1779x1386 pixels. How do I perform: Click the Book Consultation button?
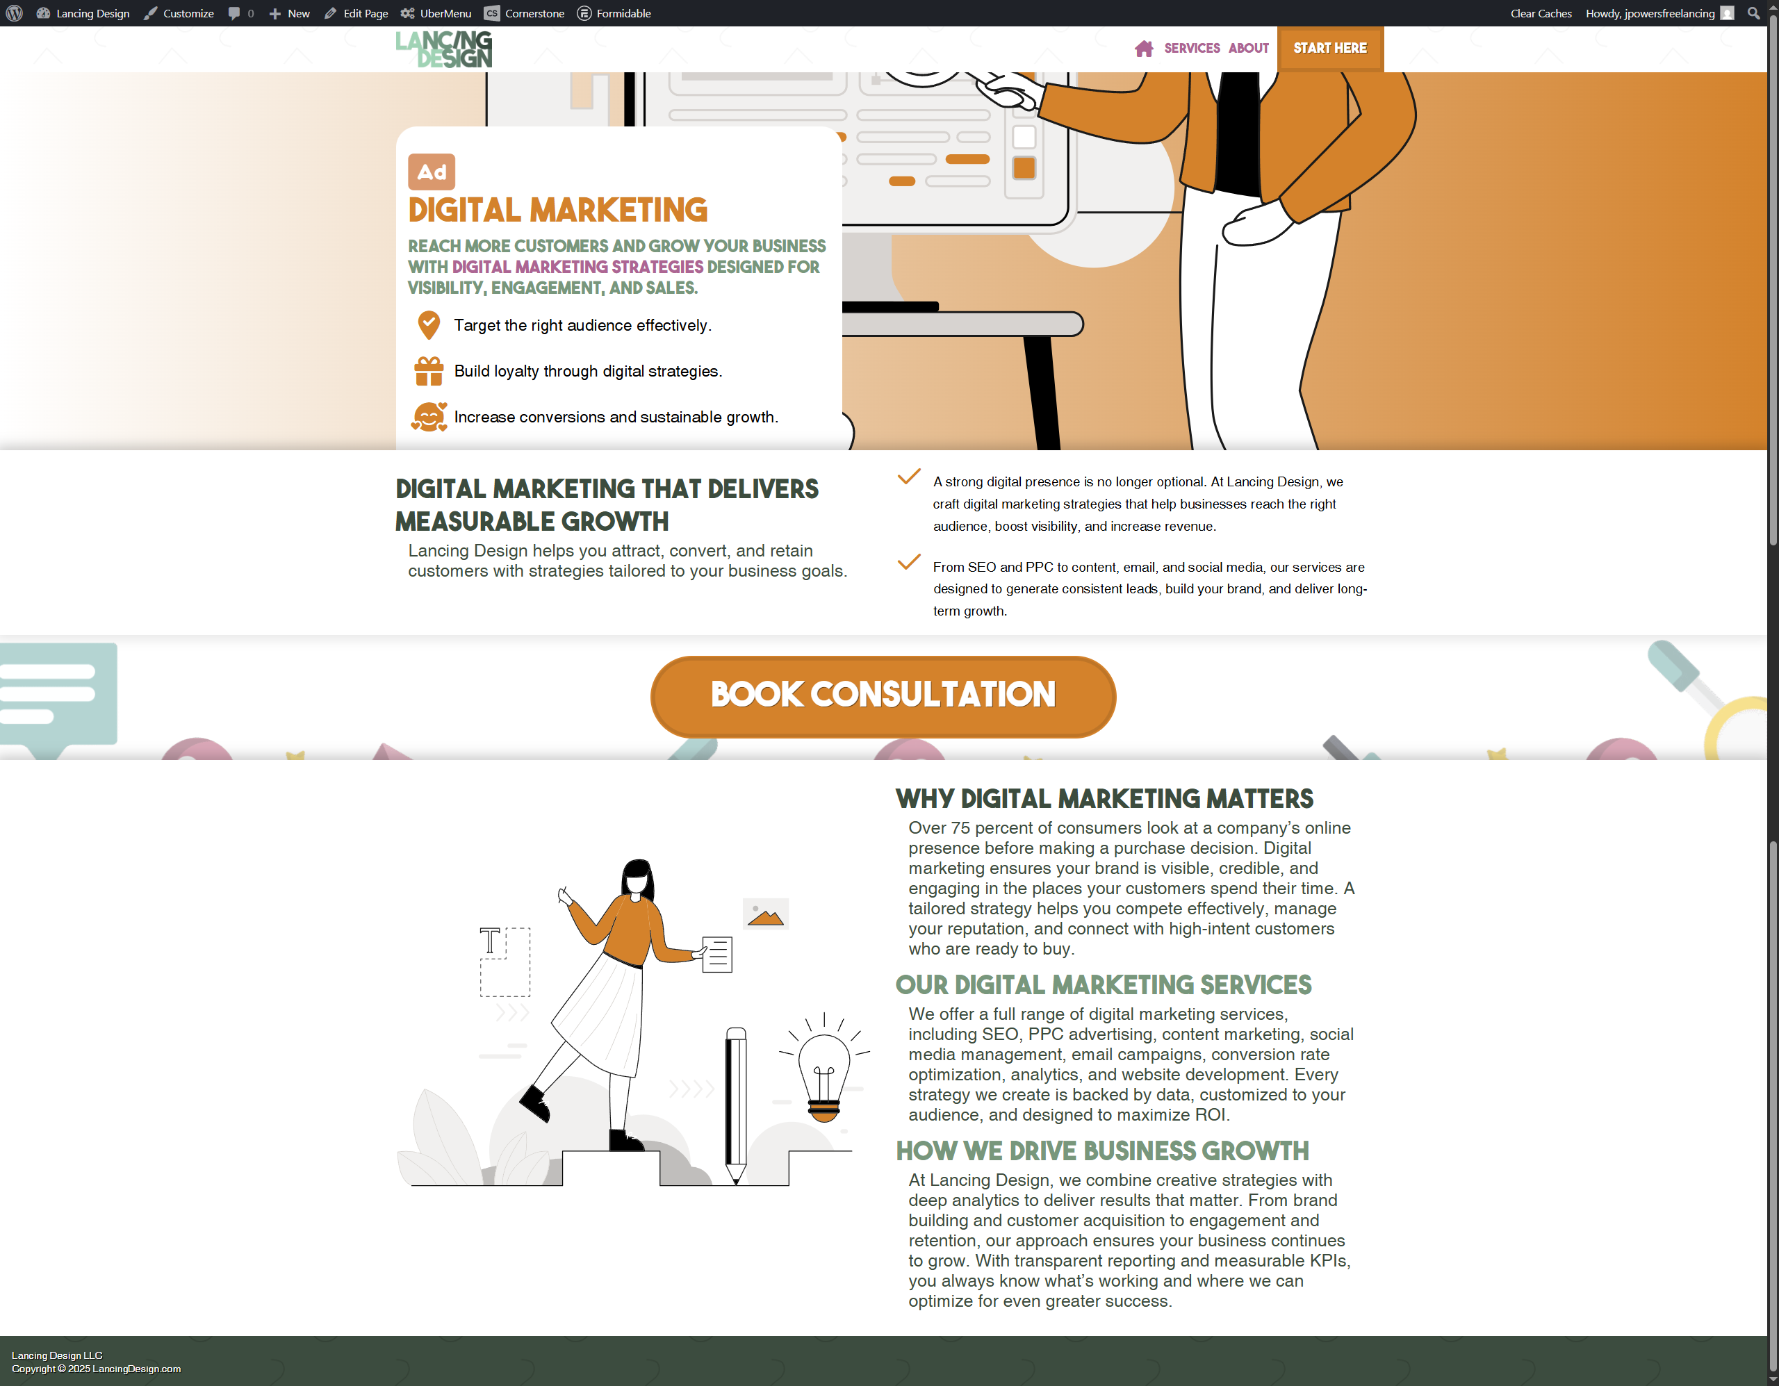[x=883, y=696]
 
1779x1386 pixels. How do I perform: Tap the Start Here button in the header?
[x=1330, y=49]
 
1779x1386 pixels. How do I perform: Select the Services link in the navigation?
[x=1192, y=49]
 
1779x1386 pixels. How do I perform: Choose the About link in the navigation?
[x=1249, y=49]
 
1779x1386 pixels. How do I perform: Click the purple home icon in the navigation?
[x=1145, y=49]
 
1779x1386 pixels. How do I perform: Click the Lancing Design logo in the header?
[x=444, y=50]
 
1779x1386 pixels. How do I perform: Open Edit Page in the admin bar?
[x=356, y=13]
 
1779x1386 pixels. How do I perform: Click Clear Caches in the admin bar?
[x=1541, y=13]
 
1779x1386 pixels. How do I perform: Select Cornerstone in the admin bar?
[x=524, y=13]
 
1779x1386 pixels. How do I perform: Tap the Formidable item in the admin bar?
[x=614, y=13]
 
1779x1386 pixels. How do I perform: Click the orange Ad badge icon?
[x=432, y=172]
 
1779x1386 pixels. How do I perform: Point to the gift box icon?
[x=429, y=372]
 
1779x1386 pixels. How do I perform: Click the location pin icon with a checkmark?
[x=429, y=325]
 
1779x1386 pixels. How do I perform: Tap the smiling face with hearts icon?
[x=429, y=417]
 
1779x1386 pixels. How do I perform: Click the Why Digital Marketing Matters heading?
[x=1104, y=799]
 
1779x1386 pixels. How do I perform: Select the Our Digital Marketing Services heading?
[x=1104, y=985]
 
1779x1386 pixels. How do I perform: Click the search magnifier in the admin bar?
[x=1753, y=13]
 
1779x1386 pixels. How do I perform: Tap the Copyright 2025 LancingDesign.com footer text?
[x=96, y=1369]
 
